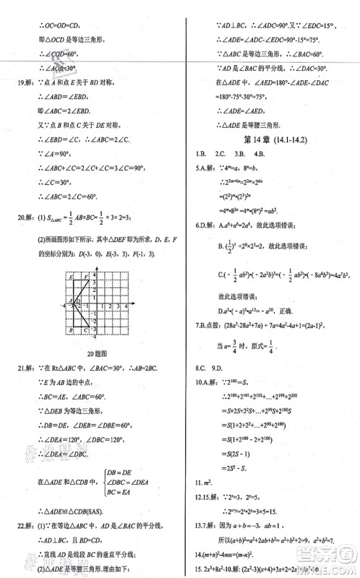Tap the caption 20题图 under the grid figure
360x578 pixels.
point(96,354)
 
